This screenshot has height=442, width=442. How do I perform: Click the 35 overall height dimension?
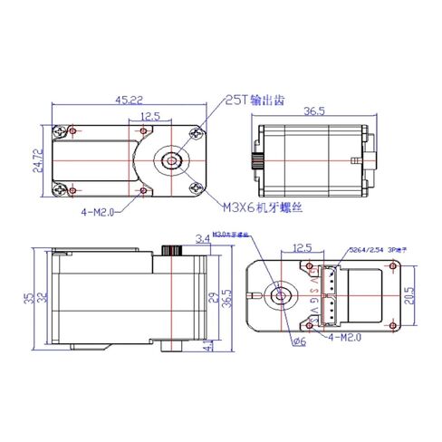(28, 296)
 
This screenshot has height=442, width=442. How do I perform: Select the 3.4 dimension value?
(201, 239)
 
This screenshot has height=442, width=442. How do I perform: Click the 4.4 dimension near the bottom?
(209, 344)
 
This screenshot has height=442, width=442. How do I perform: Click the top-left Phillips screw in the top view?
(62, 131)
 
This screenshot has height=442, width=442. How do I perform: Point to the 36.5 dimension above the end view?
(314, 112)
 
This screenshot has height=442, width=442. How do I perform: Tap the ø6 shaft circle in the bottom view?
(279, 296)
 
